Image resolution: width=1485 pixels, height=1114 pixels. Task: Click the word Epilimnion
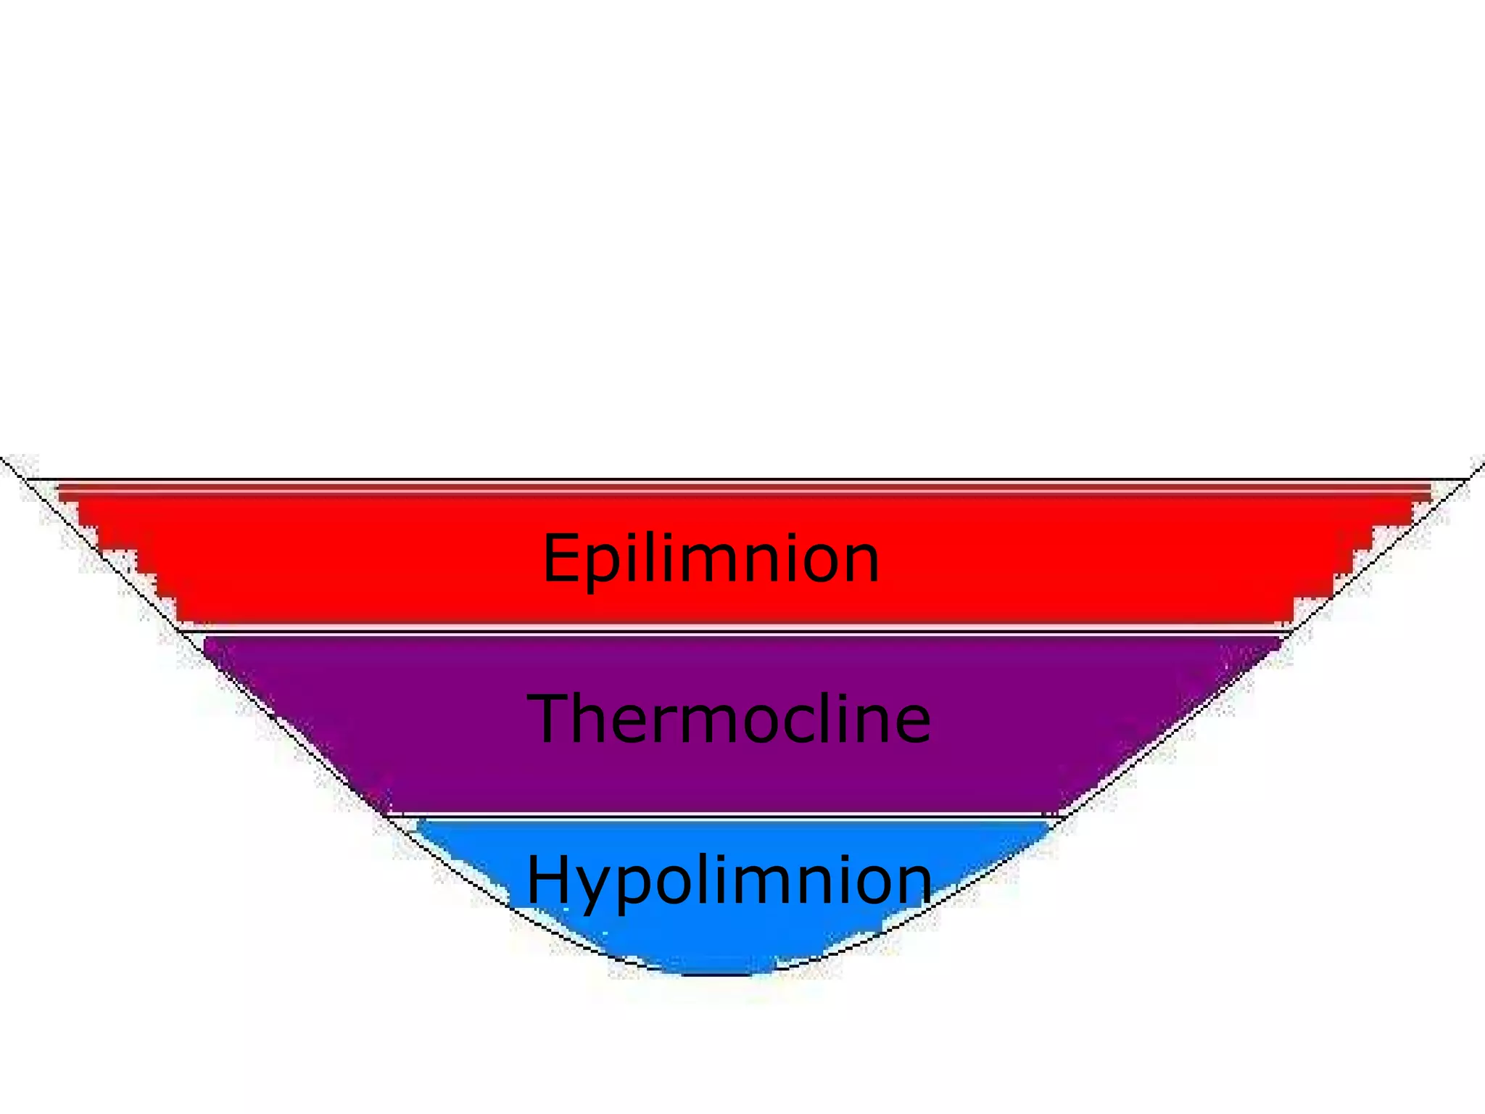711,558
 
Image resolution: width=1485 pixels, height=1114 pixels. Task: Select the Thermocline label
729,719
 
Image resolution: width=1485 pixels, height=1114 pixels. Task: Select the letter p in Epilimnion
602,566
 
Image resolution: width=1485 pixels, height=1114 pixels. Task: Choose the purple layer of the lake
363,718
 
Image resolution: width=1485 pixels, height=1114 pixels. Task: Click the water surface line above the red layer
725,479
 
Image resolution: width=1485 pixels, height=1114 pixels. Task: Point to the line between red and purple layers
725,632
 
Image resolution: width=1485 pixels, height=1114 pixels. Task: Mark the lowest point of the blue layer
725,974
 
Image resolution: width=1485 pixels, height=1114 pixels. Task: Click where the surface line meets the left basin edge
26,479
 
